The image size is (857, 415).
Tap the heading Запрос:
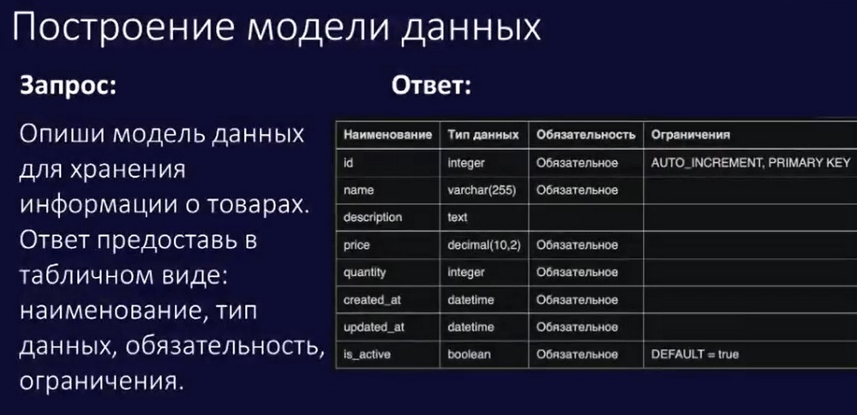coord(69,87)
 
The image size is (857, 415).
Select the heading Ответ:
coord(431,87)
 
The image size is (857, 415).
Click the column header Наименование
coord(388,135)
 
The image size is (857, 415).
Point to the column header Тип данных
coord(483,135)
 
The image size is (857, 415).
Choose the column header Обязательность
coord(586,135)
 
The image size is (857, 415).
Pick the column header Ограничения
coord(691,135)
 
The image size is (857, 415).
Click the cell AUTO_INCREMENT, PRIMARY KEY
coord(751,162)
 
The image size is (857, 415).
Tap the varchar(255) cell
coord(482,190)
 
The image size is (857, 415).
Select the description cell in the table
coord(373,217)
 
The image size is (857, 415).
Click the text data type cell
coord(458,218)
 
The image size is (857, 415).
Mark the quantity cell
coord(364,273)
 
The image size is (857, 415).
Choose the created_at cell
coord(373,300)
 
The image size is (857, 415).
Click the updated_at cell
coord(374,328)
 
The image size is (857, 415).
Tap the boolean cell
coord(469,354)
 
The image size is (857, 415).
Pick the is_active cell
coord(367,355)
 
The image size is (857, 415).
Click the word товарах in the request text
coord(267,206)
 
